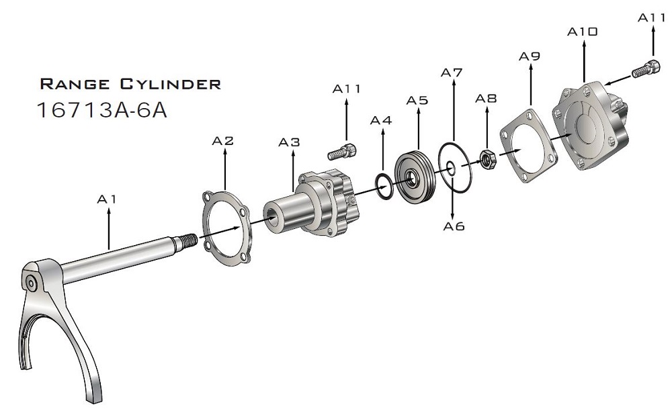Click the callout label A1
(107, 199)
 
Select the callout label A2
(223, 141)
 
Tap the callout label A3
(290, 143)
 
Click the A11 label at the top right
(651, 18)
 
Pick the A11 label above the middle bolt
(347, 89)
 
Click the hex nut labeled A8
(487, 160)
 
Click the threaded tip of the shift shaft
(188, 238)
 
